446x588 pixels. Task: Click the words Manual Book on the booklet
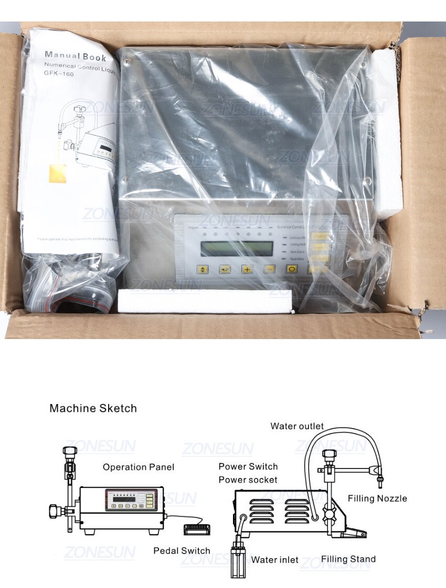(x=76, y=55)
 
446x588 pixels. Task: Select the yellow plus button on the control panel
(x=247, y=269)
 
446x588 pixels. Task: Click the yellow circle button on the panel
(x=292, y=269)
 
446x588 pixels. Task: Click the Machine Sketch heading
(x=93, y=408)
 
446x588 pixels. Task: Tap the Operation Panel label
(x=139, y=467)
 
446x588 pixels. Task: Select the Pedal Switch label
(x=182, y=551)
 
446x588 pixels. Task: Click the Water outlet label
(x=297, y=426)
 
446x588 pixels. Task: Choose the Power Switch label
(x=248, y=466)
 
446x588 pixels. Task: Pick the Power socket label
(x=248, y=480)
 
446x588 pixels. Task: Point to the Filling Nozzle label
(x=377, y=498)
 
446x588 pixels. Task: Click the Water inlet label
(x=274, y=560)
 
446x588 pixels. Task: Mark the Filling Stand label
(x=348, y=559)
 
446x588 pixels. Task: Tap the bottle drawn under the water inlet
(x=238, y=561)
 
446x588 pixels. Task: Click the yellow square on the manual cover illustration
(x=57, y=172)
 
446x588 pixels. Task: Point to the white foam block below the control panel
(x=205, y=300)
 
